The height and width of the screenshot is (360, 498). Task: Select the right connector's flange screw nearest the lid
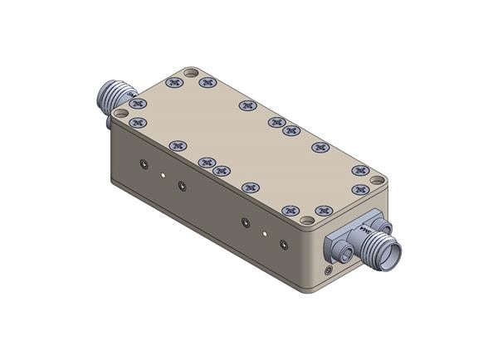(x=384, y=225)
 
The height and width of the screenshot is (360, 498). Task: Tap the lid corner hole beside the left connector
(x=121, y=113)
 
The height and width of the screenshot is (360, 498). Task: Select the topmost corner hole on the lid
(x=191, y=73)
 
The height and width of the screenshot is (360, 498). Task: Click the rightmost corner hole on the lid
(x=377, y=179)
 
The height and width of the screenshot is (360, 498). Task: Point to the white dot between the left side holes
(x=164, y=175)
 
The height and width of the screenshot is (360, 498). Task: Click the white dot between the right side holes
(x=265, y=234)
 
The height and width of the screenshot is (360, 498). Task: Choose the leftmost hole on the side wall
(x=144, y=164)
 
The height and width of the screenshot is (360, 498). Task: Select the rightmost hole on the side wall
(x=284, y=244)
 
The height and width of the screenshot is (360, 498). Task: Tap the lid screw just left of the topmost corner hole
(x=174, y=82)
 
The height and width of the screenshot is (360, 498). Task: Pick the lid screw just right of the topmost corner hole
(x=208, y=83)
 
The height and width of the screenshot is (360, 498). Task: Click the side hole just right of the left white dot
(x=183, y=186)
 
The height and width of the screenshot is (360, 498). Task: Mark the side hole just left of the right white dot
(x=245, y=222)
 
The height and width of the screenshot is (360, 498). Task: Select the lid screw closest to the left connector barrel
(x=138, y=104)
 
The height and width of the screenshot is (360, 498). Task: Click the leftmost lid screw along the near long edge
(x=139, y=123)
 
